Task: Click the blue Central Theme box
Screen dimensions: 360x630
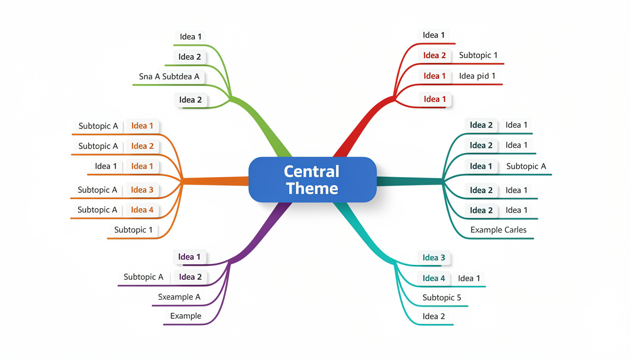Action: coord(312,180)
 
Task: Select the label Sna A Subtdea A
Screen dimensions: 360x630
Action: coord(169,76)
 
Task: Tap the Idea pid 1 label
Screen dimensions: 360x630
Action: coord(477,76)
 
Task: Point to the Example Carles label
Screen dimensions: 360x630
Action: coord(498,230)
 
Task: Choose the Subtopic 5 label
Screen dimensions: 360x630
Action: coord(442,298)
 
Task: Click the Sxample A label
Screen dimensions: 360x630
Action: coord(179,297)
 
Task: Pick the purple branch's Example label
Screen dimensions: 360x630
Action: coord(186,316)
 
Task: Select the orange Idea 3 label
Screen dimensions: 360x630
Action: coord(142,190)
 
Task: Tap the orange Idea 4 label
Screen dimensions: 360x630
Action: coord(142,210)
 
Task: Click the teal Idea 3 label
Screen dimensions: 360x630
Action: coord(434,257)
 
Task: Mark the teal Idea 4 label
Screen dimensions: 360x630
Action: coord(434,278)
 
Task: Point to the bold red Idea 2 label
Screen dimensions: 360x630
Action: coord(435,55)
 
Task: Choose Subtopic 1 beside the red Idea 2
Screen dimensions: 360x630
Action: coord(478,55)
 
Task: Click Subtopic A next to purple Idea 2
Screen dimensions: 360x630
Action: coord(143,277)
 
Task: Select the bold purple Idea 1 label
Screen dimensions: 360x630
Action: coord(189,257)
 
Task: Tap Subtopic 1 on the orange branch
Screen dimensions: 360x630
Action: coord(133,230)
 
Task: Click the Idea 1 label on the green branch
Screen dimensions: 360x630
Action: coord(191,37)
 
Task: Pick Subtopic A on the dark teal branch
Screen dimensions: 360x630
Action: coord(526,166)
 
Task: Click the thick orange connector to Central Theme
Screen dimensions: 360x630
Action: coord(216,181)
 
